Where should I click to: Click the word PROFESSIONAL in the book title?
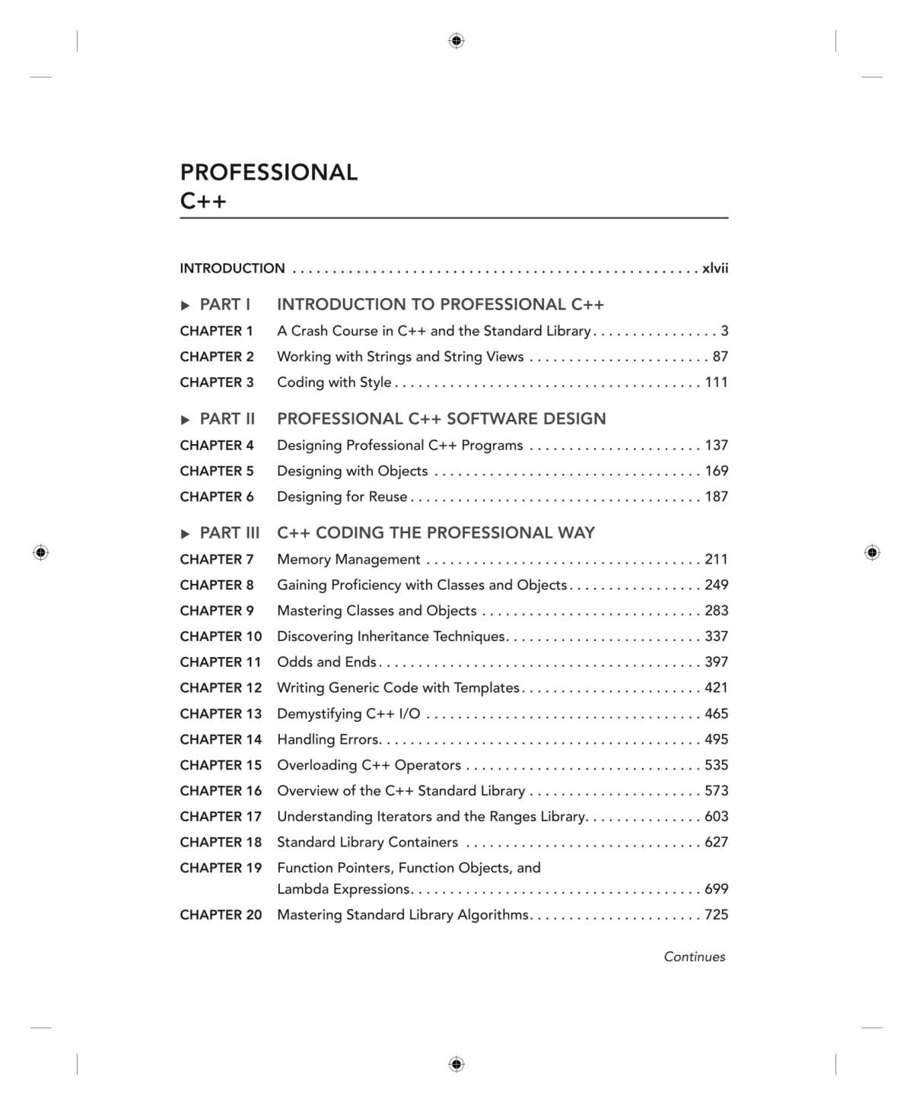(269, 173)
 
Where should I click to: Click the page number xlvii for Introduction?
(714, 268)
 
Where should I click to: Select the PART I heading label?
(224, 305)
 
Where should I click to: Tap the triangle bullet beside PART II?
(185, 420)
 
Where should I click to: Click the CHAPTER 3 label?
(217, 383)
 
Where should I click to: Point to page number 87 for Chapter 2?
(720, 357)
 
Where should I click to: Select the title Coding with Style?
(334, 383)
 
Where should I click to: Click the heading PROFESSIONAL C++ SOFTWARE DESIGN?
(441, 419)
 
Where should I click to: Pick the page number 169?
(716, 472)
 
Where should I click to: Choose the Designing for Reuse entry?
(342, 497)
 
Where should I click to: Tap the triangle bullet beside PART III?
(185, 534)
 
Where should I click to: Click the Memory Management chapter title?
(348, 560)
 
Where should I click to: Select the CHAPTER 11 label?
(221, 662)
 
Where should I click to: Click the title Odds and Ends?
(326, 662)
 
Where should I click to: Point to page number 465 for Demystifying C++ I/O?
(716, 714)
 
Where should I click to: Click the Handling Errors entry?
(328, 740)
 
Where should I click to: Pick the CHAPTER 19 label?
(221, 868)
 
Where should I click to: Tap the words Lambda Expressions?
(344, 889)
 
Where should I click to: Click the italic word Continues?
(694, 957)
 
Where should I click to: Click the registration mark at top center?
(456, 41)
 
